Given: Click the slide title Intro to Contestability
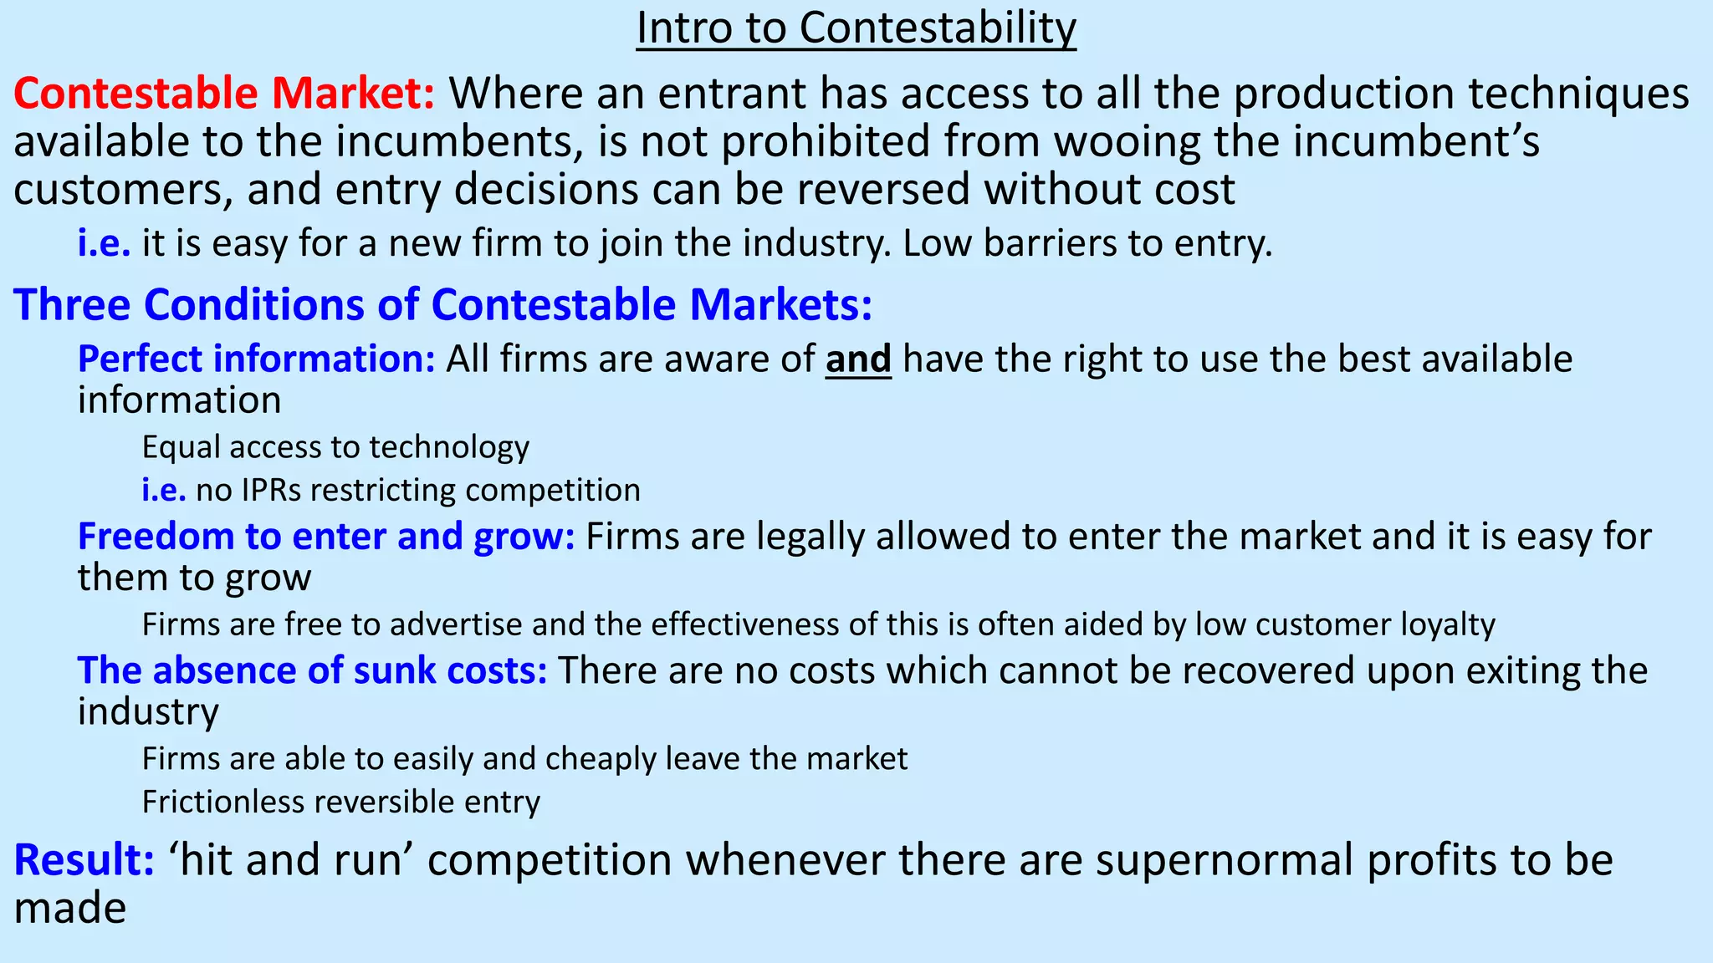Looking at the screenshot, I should [856, 28].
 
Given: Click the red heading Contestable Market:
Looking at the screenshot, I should [224, 93].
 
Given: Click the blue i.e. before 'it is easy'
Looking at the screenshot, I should [104, 243].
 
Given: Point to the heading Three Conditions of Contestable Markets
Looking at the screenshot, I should [442, 303].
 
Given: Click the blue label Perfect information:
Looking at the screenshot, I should [256, 359].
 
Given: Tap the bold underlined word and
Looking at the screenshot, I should [858, 359].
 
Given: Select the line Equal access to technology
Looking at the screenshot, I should [335, 447].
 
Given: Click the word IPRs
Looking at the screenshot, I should [271, 490].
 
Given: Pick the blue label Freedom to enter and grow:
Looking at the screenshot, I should [326, 537].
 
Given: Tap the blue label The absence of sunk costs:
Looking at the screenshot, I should [312, 670].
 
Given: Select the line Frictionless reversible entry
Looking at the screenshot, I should [340, 802].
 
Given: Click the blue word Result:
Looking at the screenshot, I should [84, 860].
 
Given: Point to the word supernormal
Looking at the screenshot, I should [1225, 860].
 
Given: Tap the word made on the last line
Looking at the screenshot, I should [69, 908].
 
